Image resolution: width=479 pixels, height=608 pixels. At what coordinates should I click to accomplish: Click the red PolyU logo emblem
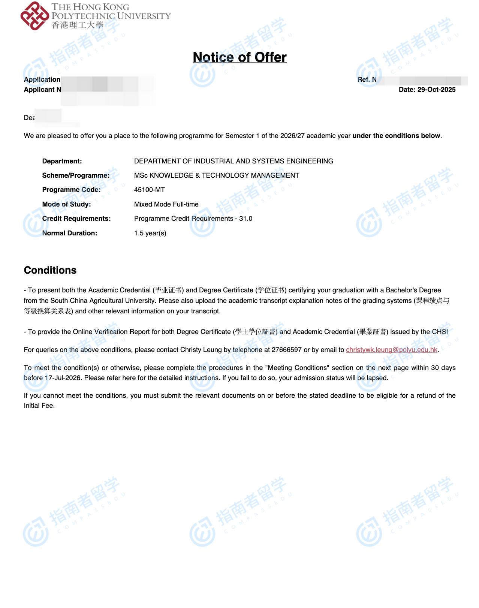[x=34, y=16]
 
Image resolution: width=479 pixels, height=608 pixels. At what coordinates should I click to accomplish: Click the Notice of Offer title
[x=240, y=57]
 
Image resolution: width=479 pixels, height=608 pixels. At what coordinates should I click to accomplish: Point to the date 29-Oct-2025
[x=436, y=90]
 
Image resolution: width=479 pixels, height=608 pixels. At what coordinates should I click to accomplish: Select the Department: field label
[x=62, y=161]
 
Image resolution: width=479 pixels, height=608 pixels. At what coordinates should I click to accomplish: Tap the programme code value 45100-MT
[x=149, y=190]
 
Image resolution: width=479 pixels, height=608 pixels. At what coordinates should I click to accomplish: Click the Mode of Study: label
[x=66, y=204]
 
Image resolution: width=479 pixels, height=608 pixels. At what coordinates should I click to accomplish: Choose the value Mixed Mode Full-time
[x=166, y=204]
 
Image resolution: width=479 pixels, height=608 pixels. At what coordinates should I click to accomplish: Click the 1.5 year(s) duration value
[x=150, y=233]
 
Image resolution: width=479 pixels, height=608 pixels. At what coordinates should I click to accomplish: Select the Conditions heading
[x=50, y=270]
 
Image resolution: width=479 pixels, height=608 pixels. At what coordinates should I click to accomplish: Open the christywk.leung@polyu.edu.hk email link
[x=392, y=350]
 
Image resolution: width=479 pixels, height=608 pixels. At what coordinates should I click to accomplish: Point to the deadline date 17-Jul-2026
[x=63, y=378]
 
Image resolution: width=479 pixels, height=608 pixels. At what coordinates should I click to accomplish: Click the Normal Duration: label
[x=69, y=233]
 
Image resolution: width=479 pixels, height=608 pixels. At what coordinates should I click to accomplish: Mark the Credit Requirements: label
[x=76, y=219]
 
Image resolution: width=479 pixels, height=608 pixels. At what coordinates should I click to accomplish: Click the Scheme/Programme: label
[x=76, y=175]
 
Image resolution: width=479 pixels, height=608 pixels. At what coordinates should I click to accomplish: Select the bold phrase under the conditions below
[x=396, y=136]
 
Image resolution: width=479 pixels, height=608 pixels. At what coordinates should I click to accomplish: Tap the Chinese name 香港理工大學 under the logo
[x=77, y=25]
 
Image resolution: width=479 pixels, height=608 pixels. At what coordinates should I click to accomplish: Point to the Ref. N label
[x=367, y=79]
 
